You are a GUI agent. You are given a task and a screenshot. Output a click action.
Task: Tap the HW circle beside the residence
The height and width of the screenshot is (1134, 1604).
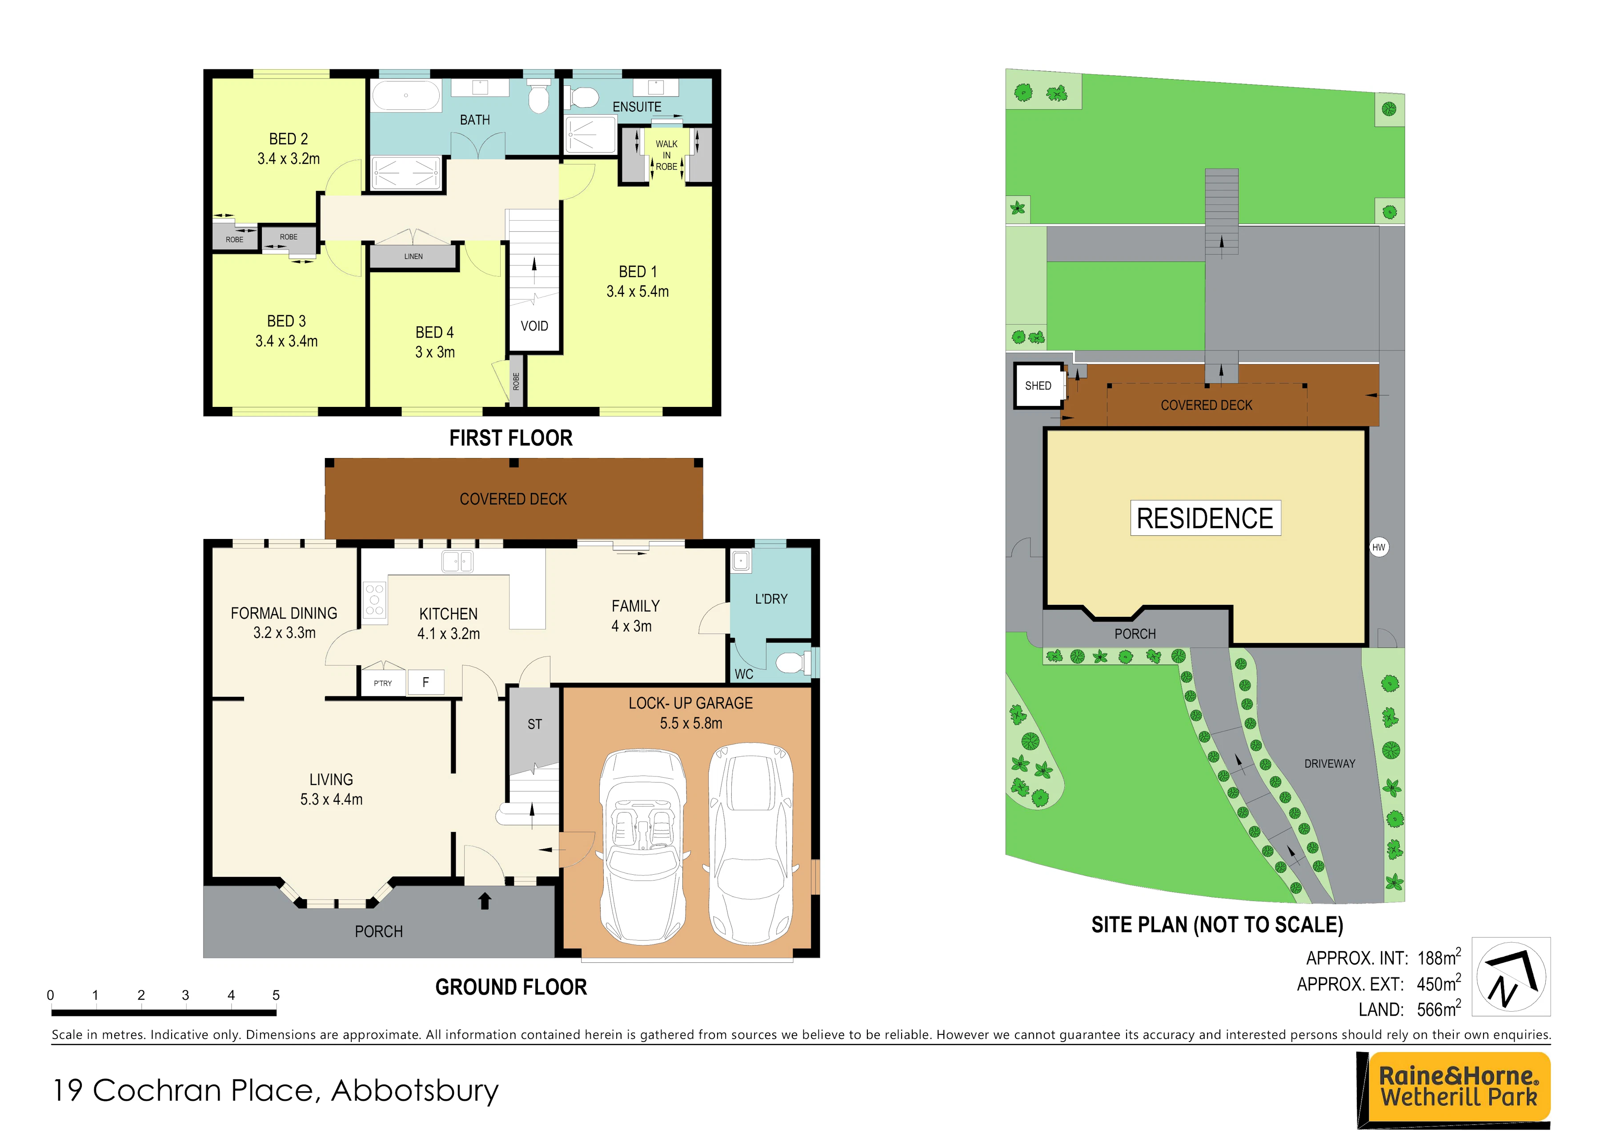tap(1378, 547)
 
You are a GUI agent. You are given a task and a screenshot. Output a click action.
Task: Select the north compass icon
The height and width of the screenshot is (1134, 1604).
tap(1511, 976)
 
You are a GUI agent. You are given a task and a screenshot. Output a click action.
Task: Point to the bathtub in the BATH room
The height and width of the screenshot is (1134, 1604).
tap(406, 95)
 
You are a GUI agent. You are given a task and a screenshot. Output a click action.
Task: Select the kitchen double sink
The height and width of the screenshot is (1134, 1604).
tap(457, 561)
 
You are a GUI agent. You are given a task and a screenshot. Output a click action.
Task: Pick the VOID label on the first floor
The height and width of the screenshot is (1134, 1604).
tap(534, 326)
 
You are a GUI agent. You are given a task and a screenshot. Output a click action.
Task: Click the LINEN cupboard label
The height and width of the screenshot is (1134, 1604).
tap(413, 257)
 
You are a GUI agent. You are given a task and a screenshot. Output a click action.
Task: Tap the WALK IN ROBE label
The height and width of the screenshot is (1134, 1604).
tap(666, 155)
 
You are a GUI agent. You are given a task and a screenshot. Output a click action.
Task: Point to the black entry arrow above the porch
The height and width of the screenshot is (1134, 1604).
tap(485, 900)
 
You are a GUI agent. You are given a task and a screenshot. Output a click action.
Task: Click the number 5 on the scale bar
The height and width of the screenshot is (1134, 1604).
tap(276, 995)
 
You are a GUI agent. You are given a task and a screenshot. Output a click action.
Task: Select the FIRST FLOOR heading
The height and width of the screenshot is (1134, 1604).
tap(511, 438)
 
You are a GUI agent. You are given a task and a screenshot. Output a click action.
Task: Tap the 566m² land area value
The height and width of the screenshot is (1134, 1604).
tap(1439, 1009)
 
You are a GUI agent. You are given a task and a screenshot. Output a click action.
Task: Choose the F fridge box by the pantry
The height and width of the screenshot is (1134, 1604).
tap(425, 682)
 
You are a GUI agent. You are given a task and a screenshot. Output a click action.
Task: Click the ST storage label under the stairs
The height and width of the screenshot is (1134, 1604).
tap(534, 724)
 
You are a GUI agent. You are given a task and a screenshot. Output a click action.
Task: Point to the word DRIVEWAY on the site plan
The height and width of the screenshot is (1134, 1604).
tap(1329, 764)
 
